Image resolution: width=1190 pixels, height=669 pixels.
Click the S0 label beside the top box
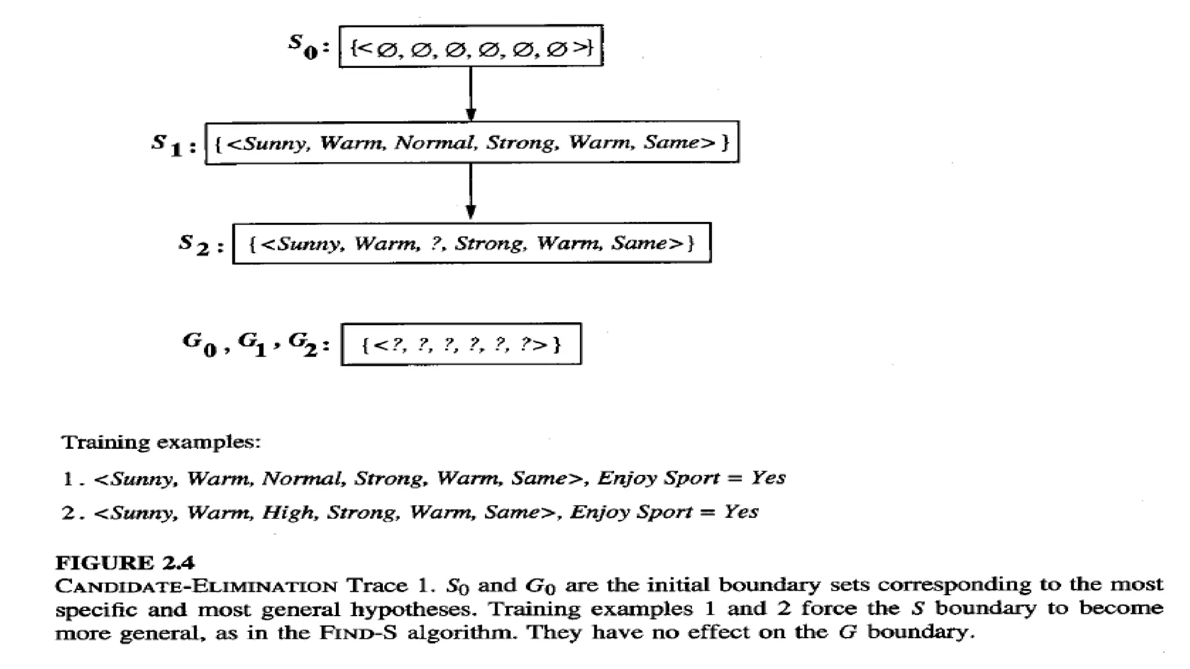pos(303,46)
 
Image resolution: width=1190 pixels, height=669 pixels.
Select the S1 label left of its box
pos(167,144)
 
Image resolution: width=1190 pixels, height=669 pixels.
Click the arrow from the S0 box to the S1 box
pos(471,93)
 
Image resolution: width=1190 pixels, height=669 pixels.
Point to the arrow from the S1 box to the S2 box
pos(471,191)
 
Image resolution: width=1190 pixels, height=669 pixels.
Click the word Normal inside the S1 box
pos(434,142)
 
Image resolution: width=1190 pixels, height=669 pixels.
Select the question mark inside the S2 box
pos(436,243)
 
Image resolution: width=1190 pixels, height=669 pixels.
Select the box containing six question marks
pos(461,344)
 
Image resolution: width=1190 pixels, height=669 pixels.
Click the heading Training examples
pos(161,443)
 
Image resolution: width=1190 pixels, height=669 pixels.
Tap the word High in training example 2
pos(289,512)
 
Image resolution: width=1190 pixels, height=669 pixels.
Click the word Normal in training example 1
pos(302,479)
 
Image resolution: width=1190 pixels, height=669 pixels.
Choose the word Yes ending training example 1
pos(768,477)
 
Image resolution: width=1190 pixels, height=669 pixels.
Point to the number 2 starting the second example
pos(68,513)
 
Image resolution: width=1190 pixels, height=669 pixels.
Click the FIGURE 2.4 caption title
pos(125,563)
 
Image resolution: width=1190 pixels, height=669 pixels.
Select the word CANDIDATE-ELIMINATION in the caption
pos(196,585)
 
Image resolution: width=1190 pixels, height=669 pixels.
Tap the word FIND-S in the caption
pos(357,632)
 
